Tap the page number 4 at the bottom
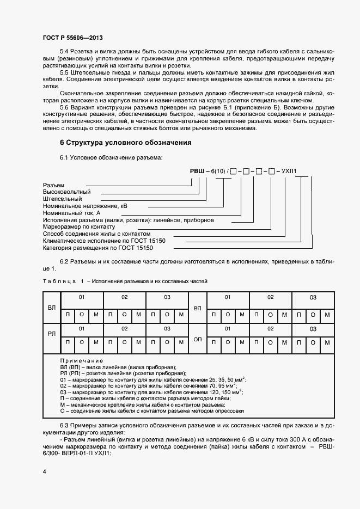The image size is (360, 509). [44, 470]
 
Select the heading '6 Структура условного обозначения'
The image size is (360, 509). [125, 143]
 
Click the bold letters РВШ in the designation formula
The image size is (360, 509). [197, 171]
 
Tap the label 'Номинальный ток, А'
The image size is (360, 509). [71, 213]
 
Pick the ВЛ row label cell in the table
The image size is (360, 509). [52, 308]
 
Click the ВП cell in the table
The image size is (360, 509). [198, 308]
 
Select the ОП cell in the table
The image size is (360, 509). [198, 339]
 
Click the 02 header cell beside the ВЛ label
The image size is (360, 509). [124, 297]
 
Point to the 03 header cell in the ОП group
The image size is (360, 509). [313, 329]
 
